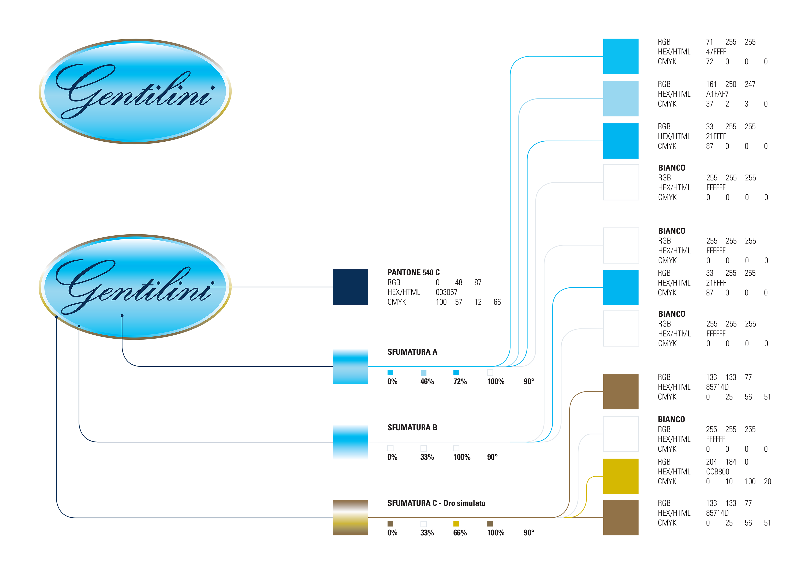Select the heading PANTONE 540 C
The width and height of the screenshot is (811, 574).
pos(413,272)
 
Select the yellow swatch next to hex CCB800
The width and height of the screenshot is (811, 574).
pos(621,476)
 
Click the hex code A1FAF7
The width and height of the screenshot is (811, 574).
pos(717,94)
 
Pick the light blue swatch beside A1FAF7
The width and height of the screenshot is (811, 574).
pos(621,99)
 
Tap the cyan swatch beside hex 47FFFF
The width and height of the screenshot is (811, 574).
pos(621,56)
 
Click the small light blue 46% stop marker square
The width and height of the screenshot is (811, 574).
pos(423,373)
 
